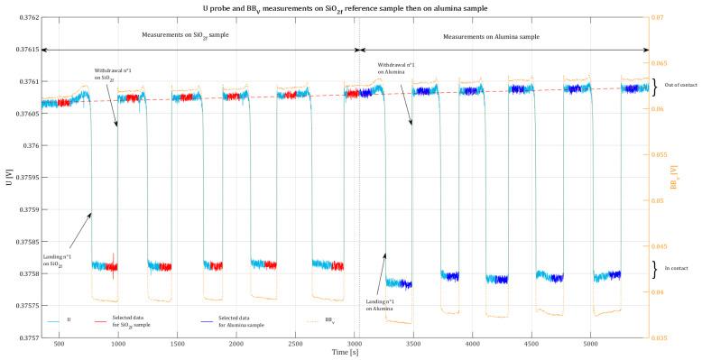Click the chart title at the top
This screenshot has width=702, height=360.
pos(351,6)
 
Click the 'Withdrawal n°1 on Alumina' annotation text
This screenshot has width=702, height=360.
pos(396,68)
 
